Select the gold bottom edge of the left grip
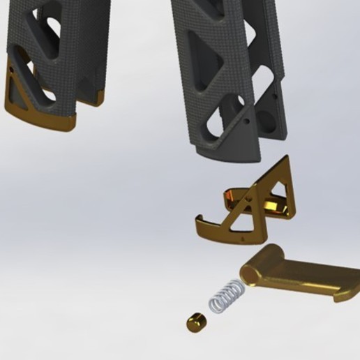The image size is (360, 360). point(42,123)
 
